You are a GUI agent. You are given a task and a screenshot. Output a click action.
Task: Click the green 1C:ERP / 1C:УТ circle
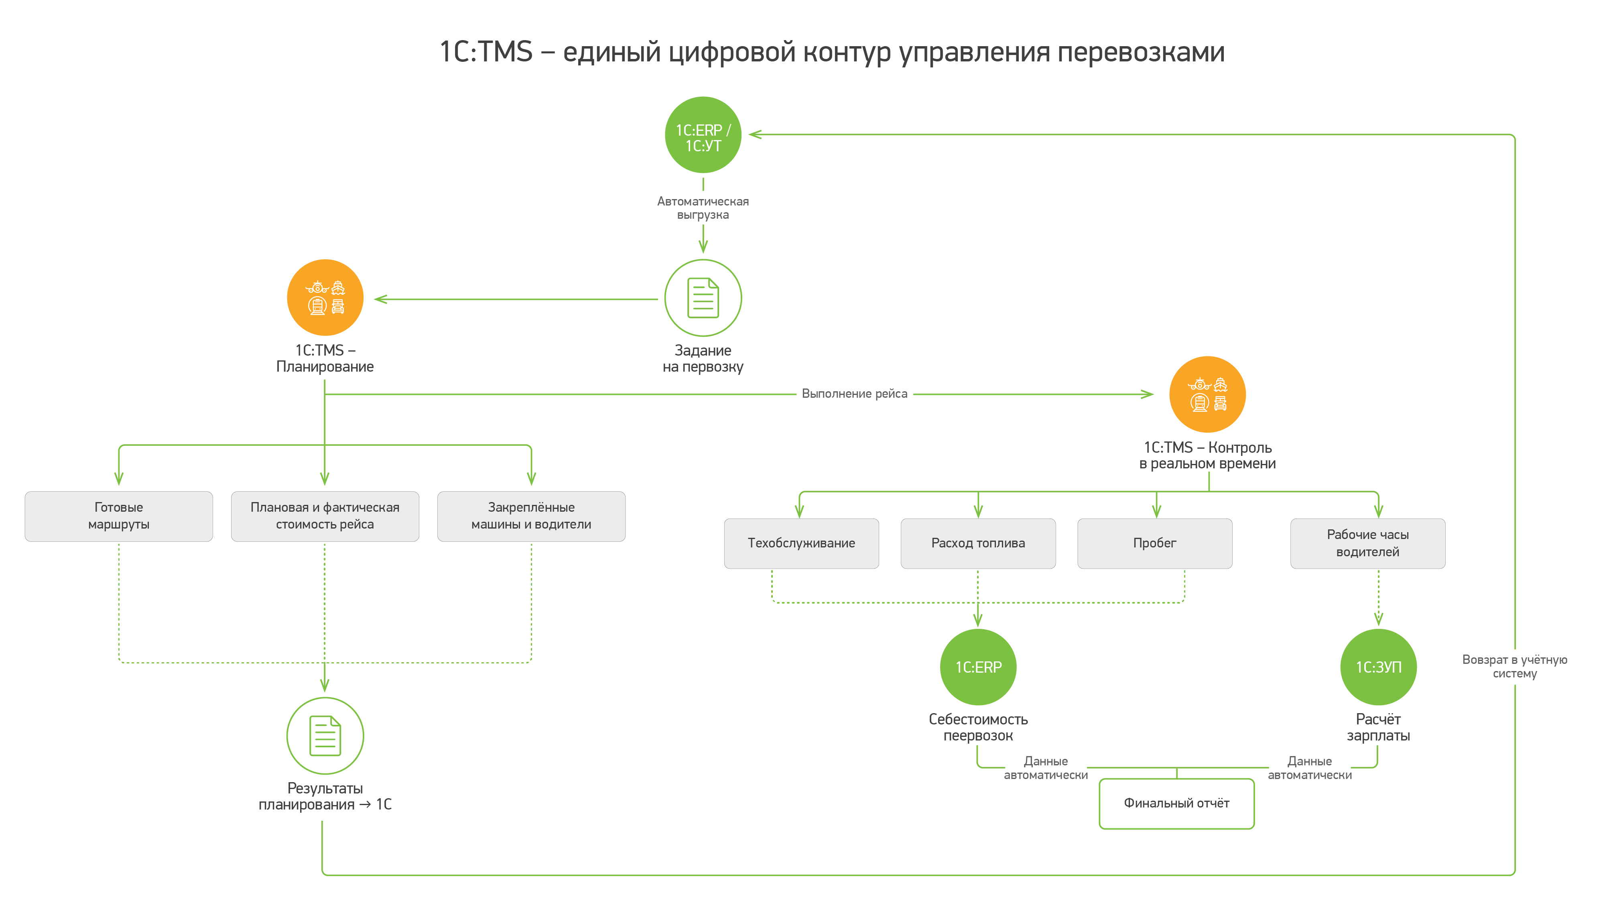pos(703,134)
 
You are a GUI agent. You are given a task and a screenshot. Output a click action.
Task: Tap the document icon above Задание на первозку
pos(703,298)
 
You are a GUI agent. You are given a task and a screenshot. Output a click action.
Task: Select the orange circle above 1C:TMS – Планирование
pos(325,298)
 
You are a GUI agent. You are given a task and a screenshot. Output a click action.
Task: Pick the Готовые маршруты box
pos(118,516)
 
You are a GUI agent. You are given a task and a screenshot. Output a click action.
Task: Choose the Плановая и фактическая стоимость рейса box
pos(325,516)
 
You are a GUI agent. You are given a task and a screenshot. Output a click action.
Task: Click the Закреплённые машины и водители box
pos(531,516)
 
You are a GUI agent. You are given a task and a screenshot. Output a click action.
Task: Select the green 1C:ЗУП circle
pos(1378,667)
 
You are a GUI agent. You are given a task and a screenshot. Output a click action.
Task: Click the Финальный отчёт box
pos(1176,803)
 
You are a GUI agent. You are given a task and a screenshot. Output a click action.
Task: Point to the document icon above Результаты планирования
pos(325,735)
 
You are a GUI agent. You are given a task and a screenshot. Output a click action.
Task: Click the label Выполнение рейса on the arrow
pos(854,394)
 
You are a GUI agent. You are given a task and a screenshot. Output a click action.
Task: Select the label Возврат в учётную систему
pos(1514,666)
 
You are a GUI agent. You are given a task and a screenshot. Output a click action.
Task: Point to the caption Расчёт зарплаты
pos(1378,727)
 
